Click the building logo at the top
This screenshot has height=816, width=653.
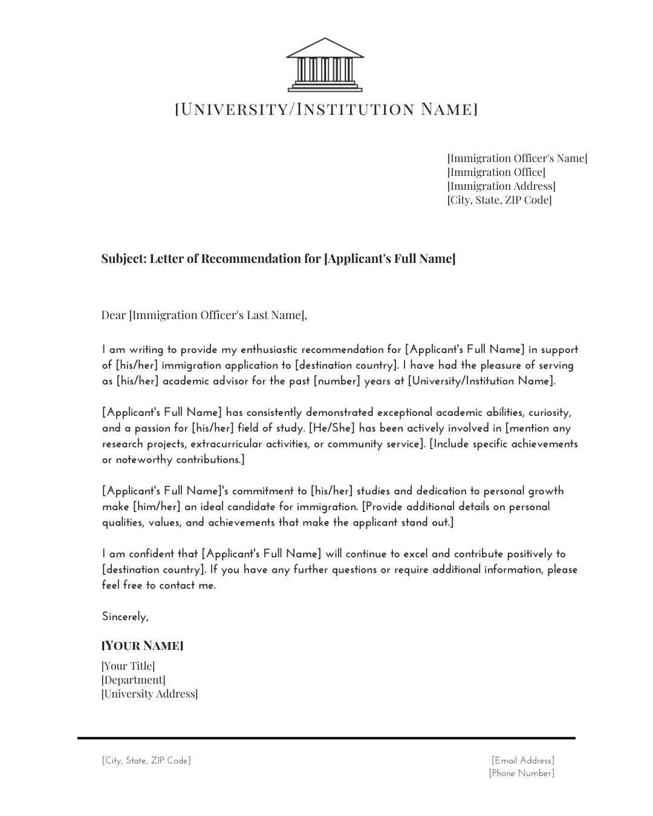325,65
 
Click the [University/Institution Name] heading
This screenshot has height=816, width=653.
326,109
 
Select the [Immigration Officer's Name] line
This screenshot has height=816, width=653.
517,158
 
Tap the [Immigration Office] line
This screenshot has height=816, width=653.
496,172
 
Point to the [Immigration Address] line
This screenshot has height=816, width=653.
501,186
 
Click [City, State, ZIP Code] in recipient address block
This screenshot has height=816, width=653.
499,200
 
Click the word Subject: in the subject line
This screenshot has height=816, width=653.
124,259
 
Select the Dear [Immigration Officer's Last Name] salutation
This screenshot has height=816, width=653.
204,315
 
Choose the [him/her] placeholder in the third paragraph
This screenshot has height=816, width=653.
157,507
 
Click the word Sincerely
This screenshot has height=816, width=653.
125,617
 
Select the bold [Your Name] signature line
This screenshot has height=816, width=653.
143,646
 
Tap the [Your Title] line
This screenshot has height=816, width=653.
128,666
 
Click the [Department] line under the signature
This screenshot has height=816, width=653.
133,680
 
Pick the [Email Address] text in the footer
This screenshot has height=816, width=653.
523,761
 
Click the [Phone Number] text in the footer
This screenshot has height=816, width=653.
522,774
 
